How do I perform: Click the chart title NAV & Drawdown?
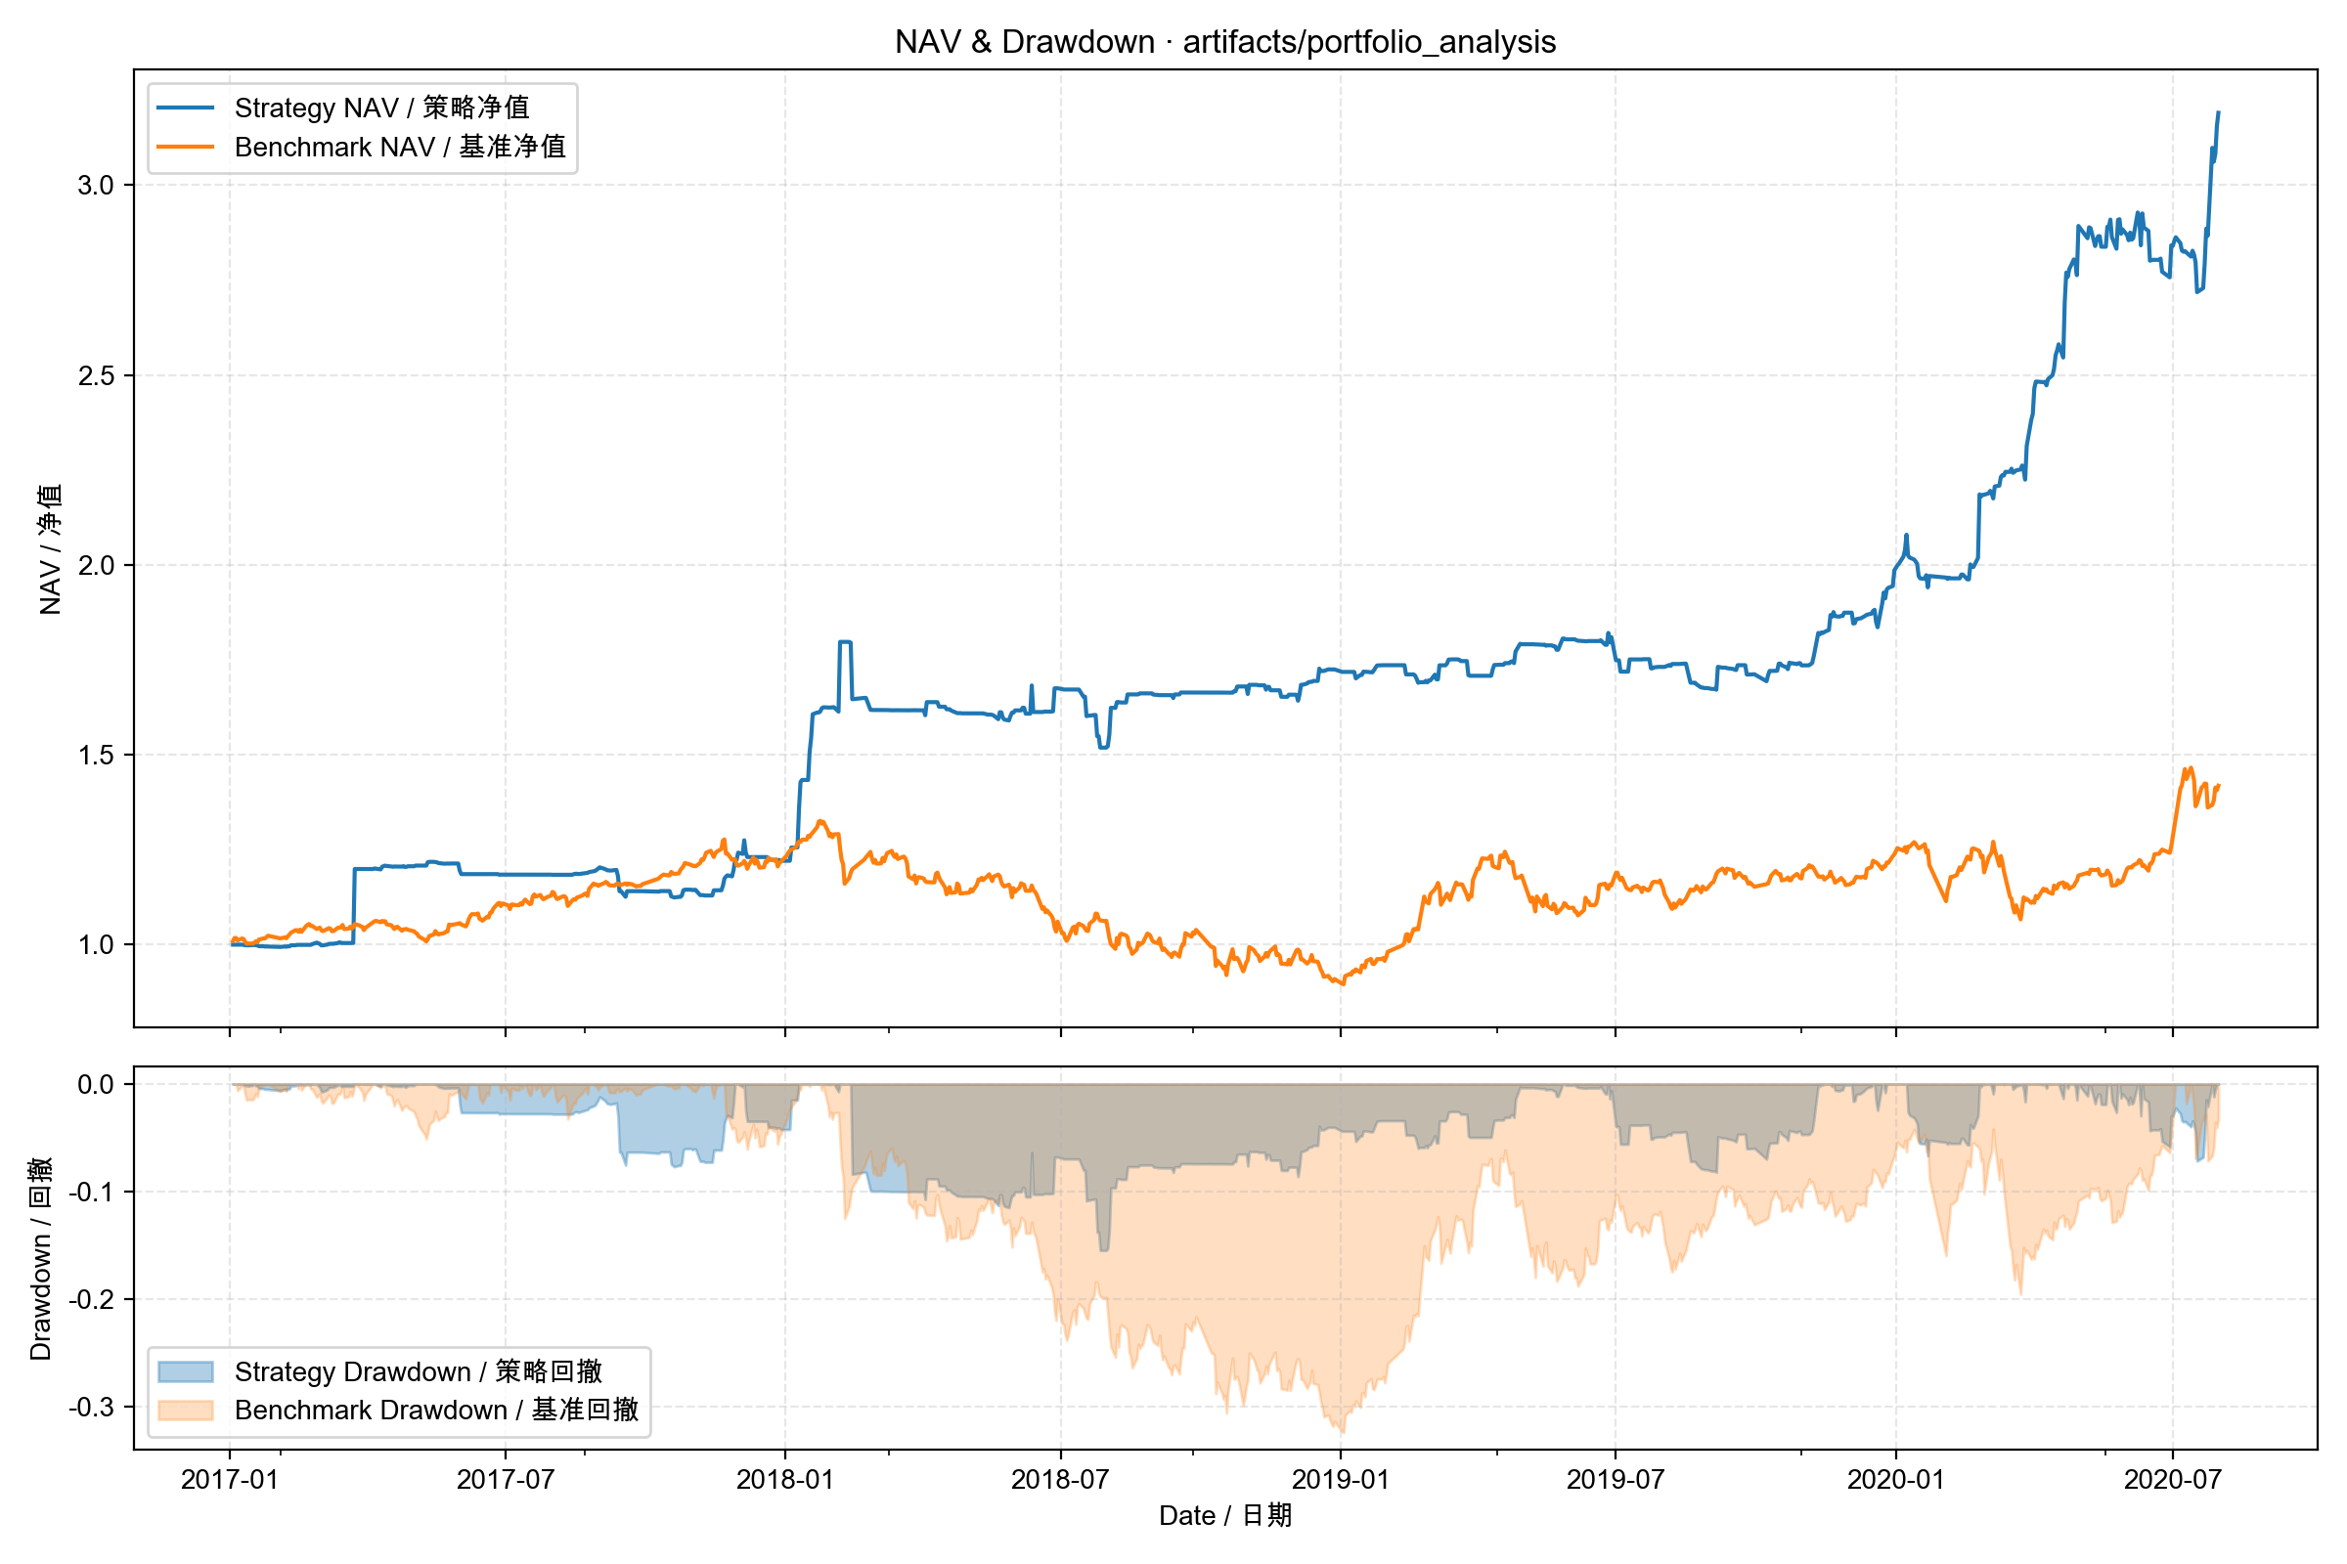pyautogui.click(x=1224, y=42)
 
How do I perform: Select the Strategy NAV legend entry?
pyautogui.click(x=381, y=108)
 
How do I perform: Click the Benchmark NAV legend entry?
pyautogui.click(x=399, y=147)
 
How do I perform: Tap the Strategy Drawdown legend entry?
pyautogui.click(x=418, y=1371)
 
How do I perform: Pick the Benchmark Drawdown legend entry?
pyautogui.click(x=435, y=1410)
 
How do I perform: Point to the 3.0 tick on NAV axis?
pyautogui.click(x=96, y=186)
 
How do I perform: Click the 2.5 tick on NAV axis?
pyautogui.click(x=96, y=376)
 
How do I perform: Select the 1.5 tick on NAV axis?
pyautogui.click(x=96, y=755)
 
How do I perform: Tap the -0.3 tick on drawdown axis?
pyautogui.click(x=92, y=1408)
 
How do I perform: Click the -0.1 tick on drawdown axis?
pyautogui.click(x=92, y=1192)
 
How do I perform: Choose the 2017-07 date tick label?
pyautogui.click(x=505, y=1479)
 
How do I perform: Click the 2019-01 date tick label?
pyautogui.click(x=1340, y=1479)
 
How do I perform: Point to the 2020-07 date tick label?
pyautogui.click(x=2172, y=1479)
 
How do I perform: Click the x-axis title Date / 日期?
pyautogui.click(x=1224, y=1516)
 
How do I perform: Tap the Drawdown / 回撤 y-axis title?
pyautogui.click(x=40, y=1259)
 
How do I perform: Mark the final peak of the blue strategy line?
pyautogui.click(x=2218, y=112)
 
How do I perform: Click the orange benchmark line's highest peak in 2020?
pyautogui.click(x=2190, y=768)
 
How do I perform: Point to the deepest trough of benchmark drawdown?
pyautogui.click(x=1343, y=1432)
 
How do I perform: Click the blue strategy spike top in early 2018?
pyautogui.click(x=845, y=642)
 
